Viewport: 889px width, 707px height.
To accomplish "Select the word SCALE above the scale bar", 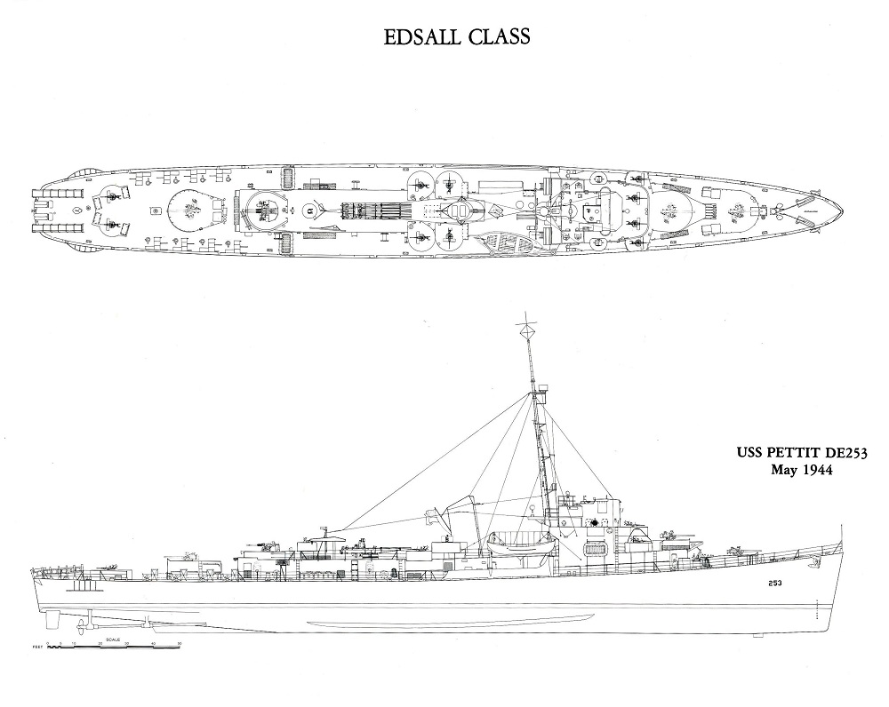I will point(114,639).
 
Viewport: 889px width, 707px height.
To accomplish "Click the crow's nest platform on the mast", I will point(538,388).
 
